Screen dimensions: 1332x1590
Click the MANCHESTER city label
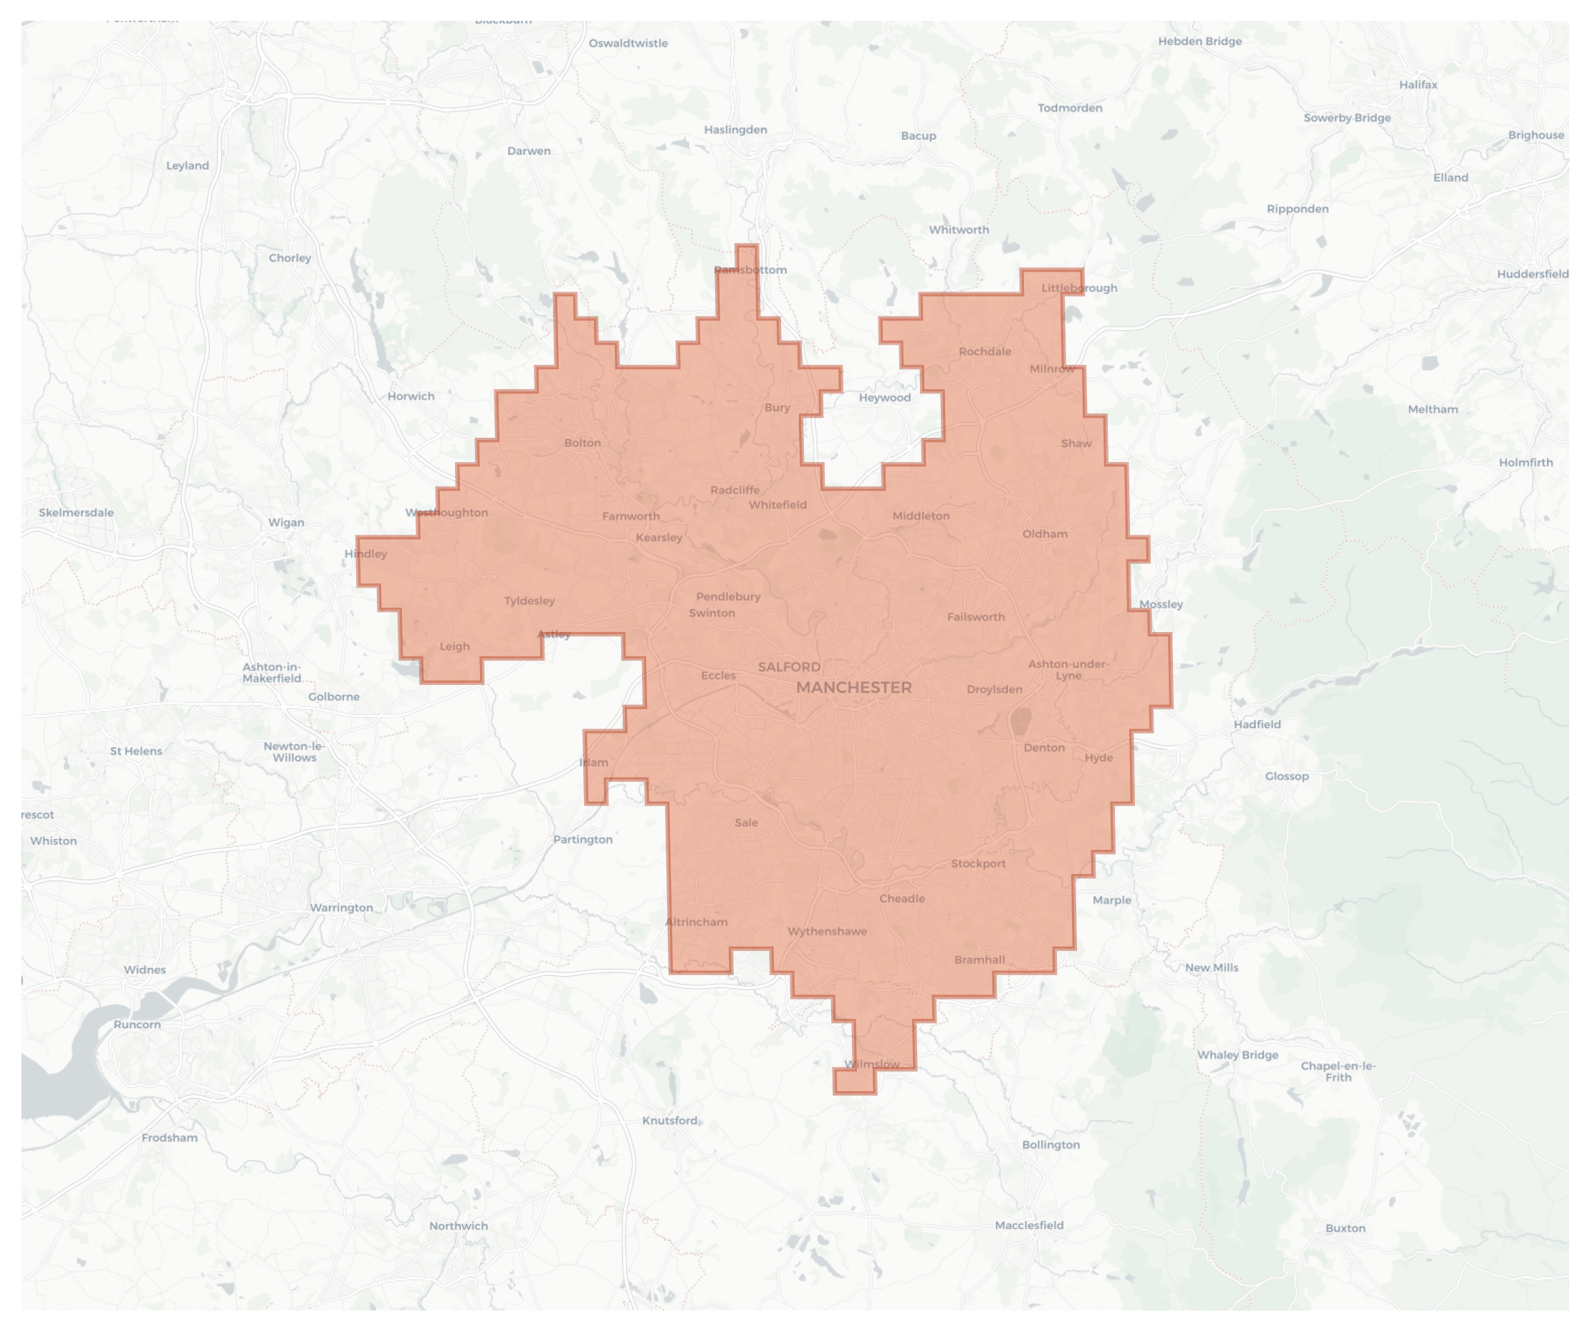853,688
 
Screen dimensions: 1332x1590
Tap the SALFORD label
789,666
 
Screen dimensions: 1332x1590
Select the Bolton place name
583,443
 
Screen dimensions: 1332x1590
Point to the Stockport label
978,863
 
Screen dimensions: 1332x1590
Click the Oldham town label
1045,534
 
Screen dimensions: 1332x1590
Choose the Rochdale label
985,351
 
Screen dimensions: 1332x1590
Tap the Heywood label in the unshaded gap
884,398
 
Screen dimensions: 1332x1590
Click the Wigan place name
286,522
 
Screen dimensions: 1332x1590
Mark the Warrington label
342,907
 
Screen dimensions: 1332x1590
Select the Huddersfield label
1533,274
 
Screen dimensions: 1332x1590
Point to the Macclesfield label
1029,1225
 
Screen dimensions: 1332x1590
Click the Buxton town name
1346,1228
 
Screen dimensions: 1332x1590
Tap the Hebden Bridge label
1199,41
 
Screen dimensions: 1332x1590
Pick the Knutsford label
669,1121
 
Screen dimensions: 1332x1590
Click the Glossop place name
1286,776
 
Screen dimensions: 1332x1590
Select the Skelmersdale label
77,512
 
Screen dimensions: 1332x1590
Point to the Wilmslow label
872,1064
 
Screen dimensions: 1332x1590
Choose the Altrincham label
696,921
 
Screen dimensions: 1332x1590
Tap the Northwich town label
458,1226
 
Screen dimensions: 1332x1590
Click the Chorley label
290,258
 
